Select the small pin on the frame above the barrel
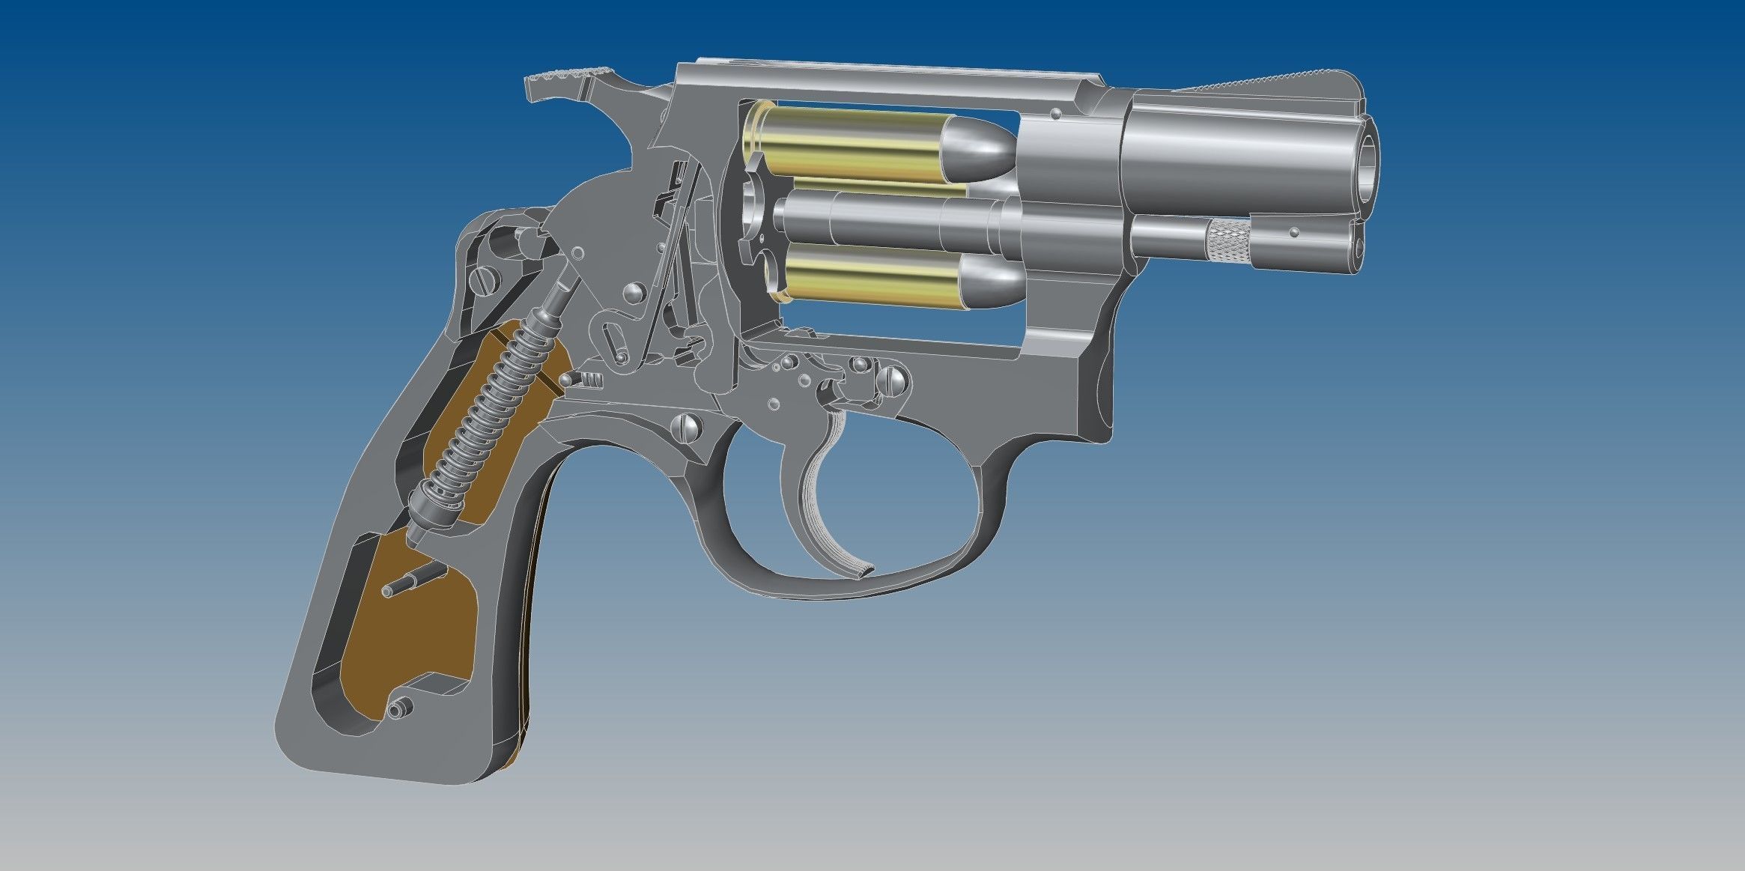(x=1055, y=115)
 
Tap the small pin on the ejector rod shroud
(x=1293, y=234)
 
